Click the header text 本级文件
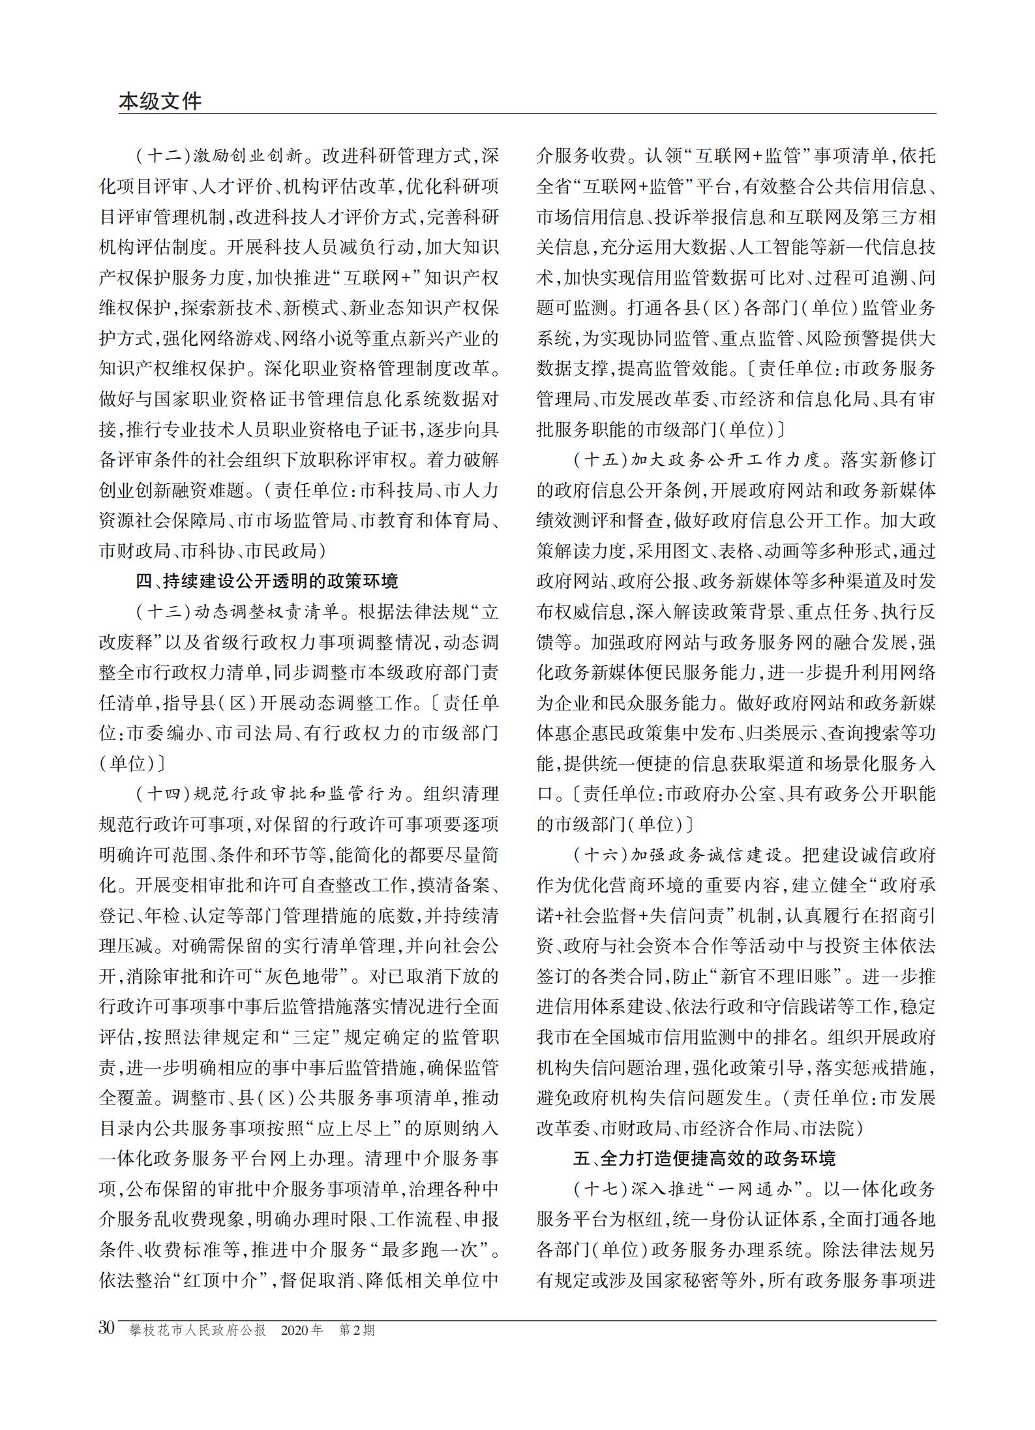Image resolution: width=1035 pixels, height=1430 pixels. pos(160,101)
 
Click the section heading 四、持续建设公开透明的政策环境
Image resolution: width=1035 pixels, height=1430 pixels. pos(267,581)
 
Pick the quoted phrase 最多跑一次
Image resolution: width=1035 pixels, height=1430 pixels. pos(436,1250)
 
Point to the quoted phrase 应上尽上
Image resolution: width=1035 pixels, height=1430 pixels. pos(360,1129)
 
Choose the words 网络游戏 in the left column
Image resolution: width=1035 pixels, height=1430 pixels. pos(222,338)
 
